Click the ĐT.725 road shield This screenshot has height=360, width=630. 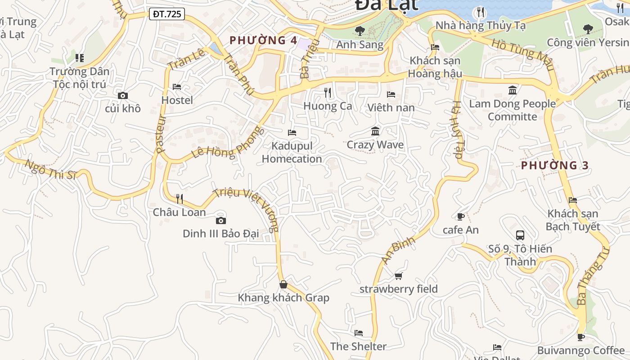point(167,14)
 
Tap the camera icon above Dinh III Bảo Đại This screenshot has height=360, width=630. point(220,220)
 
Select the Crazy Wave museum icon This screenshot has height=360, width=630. point(375,131)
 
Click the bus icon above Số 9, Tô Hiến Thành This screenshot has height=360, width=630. point(520,235)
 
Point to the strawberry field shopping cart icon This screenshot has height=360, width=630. point(398,276)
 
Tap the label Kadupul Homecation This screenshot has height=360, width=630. point(292,153)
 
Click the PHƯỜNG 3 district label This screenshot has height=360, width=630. point(554,166)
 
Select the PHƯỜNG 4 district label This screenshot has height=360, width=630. point(263,40)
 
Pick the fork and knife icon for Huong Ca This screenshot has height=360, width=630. point(328,93)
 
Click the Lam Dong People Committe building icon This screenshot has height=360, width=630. point(513,90)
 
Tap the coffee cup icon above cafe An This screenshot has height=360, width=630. point(460,216)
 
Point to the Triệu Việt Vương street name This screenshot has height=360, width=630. point(247,209)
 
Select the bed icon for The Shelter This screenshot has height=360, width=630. point(358,333)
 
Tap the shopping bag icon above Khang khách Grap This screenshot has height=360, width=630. point(283,284)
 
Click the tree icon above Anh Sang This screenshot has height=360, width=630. point(360,31)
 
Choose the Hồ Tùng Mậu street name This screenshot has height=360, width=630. point(522,55)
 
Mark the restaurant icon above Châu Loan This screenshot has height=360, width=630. point(179,198)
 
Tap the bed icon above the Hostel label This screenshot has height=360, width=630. point(177,87)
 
